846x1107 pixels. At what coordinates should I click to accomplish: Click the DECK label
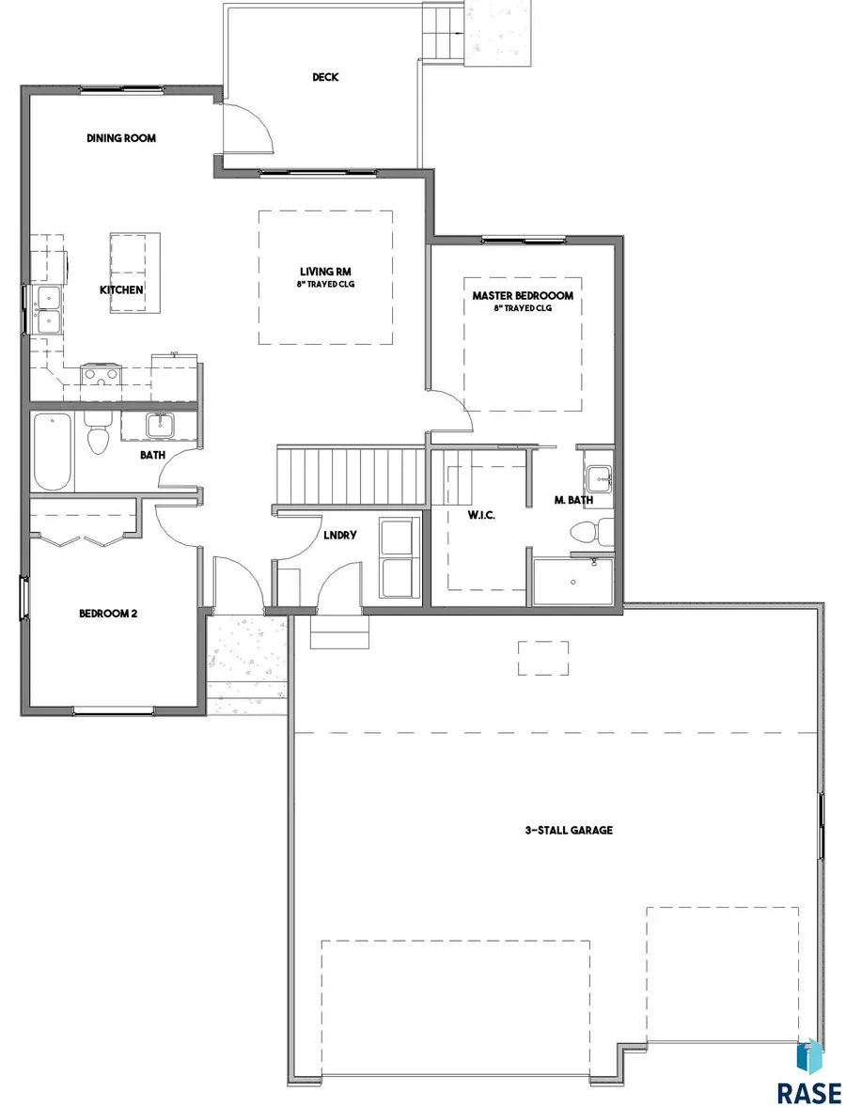point(325,77)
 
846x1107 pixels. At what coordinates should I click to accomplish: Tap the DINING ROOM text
point(121,138)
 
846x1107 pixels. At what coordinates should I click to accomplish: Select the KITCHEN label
point(122,289)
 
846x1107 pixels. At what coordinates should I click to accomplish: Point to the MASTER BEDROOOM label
point(523,295)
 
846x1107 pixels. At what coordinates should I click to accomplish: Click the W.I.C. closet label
point(482,515)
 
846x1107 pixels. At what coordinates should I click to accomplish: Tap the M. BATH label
point(572,500)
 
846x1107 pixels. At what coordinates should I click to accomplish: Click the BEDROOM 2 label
point(108,614)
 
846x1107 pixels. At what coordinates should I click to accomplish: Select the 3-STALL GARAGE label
point(569,830)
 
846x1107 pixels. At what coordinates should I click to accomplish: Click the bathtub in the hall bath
point(53,451)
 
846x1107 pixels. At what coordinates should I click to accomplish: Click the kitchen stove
point(100,375)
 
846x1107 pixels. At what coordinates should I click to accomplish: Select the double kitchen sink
point(47,310)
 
